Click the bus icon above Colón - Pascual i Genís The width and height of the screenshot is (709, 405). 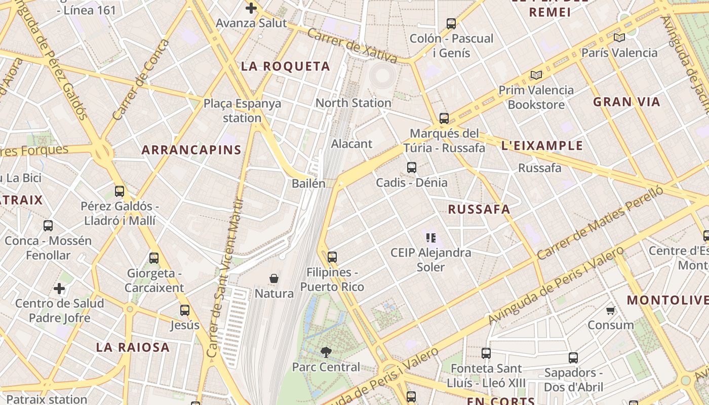point(451,23)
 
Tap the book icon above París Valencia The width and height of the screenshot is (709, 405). point(619,37)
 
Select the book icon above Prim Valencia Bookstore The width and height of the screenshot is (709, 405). point(536,75)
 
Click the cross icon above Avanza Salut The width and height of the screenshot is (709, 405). point(251,8)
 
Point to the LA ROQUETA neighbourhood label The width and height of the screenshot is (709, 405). point(286,66)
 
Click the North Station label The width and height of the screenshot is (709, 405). point(353,103)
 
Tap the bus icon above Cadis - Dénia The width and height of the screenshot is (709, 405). point(412,168)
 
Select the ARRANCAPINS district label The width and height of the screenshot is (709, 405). point(191,150)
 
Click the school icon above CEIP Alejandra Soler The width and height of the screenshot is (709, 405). point(431,237)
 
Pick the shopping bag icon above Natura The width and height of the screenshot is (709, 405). point(274,278)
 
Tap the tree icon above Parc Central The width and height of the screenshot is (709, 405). point(326,352)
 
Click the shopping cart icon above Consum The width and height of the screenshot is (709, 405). point(610,310)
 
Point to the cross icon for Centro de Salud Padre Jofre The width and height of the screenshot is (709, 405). point(59,289)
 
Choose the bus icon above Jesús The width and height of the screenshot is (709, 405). point(185,310)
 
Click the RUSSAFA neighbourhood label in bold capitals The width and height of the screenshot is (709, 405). point(479,209)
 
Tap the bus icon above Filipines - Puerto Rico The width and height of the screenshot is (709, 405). point(332,257)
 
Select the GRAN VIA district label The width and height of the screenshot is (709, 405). point(626,102)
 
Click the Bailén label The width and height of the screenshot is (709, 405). point(308,183)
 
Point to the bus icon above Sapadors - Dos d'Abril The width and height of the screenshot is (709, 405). point(573,358)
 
